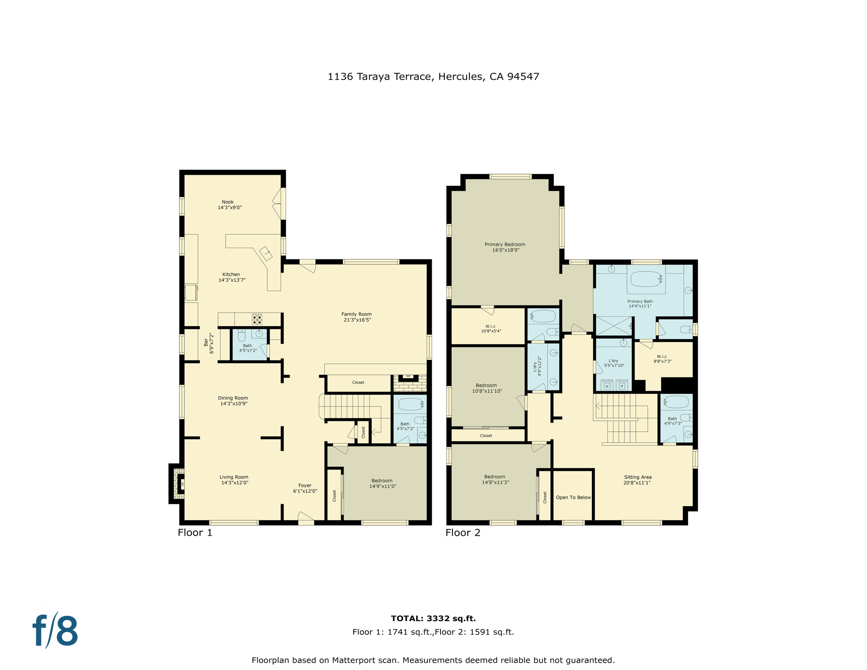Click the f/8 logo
pyautogui.click(x=55, y=631)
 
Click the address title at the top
pyautogui.click(x=433, y=77)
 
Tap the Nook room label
pyautogui.click(x=229, y=205)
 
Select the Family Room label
pyautogui.click(x=356, y=317)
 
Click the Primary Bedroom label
pyautogui.click(x=505, y=247)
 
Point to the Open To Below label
pyautogui.click(x=573, y=497)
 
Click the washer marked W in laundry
pyautogui.click(x=607, y=386)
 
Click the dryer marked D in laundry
pyautogui.click(x=622, y=386)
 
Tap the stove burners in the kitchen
pyautogui.click(x=257, y=319)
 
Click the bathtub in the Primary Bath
pyautogui.click(x=646, y=279)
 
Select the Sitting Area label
pyautogui.click(x=637, y=480)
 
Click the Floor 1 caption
pyautogui.click(x=195, y=533)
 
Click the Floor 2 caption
pyautogui.click(x=463, y=533)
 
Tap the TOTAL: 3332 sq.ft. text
pyautogui.click(x=433, y=618)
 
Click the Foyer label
pyautogui.click(x=305, y=488)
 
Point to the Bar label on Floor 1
pyautogui.click(x=208, y=343)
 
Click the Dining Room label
pyautogui.click(x=233, y=400)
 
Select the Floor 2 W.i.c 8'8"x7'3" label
pyautogui.click(x=662, y=359)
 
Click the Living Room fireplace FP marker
pyautogui.click(x=182, y=483)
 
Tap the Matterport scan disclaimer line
pyautogui.click(x=433, y=660)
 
